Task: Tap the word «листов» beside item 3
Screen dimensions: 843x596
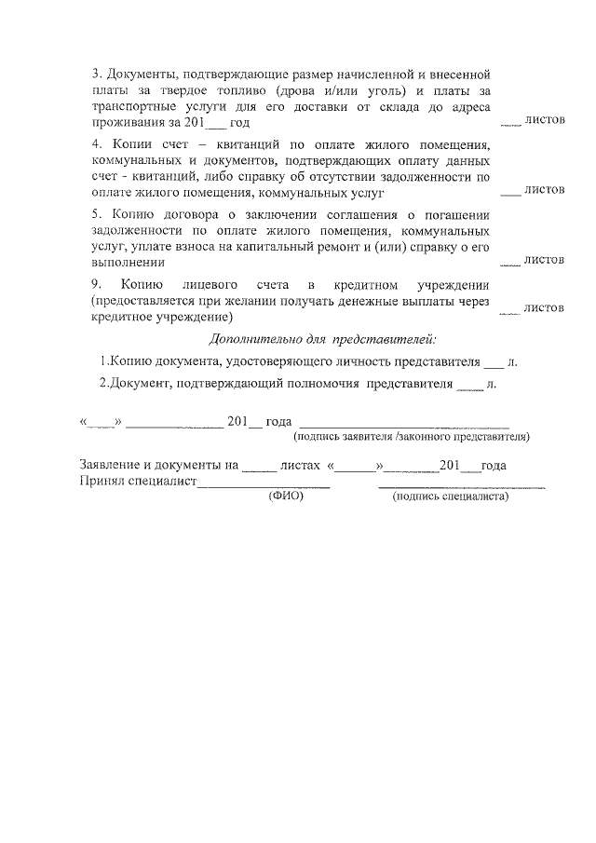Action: coord(545,120)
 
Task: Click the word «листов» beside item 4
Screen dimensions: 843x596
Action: coord(545,189)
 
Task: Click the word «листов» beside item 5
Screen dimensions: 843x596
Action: coord(545,260)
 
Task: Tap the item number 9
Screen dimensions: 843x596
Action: coord(96,284)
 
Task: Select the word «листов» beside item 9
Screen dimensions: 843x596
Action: coord(545,306)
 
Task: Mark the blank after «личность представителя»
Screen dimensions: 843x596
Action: coord(494,363)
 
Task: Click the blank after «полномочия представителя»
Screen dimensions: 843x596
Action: coord(471,385)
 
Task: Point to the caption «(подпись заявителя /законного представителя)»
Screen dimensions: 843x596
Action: coord(412,435)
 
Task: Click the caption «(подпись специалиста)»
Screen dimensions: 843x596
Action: coord(452,496)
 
